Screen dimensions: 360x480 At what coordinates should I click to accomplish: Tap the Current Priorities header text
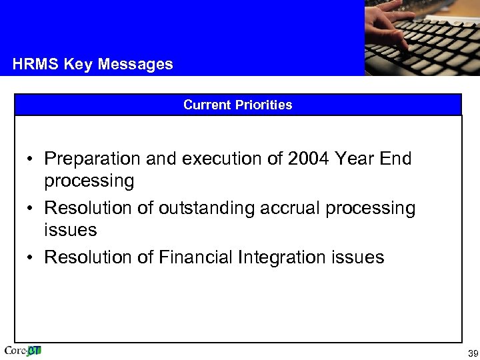point(237,105)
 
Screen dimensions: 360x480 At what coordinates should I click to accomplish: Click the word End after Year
point(395,159)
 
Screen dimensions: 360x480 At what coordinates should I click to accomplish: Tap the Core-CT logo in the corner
point(23,351)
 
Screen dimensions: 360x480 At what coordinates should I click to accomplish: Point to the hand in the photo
point(393,27)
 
